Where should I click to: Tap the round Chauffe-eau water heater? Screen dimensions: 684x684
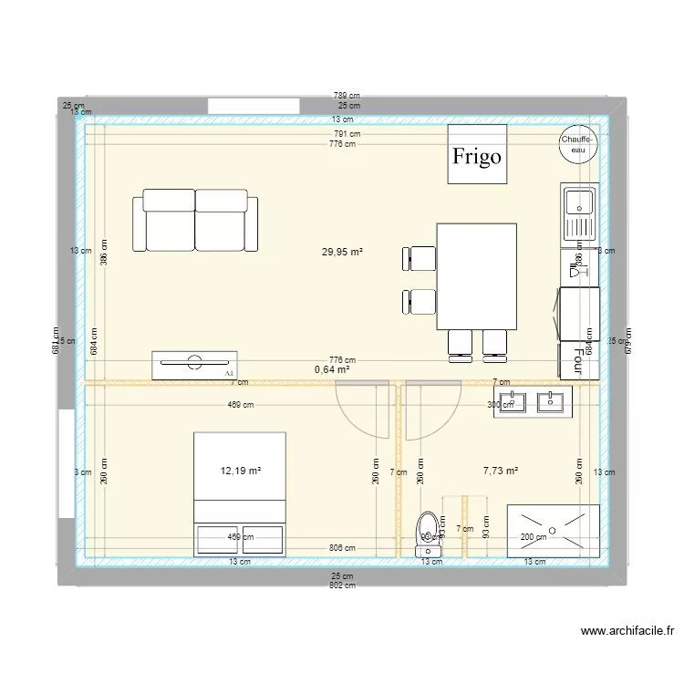point(578,144)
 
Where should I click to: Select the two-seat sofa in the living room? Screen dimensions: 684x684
point(195,221)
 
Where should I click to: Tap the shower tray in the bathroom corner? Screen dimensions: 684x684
point(554,530)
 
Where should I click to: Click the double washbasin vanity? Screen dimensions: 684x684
point(533,402)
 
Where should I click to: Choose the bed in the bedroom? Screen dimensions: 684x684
point(240,493)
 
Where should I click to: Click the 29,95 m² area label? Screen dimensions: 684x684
point(343,251)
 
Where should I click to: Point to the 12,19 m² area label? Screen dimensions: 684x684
point(241,471)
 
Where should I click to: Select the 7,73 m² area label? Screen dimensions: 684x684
point(500,471)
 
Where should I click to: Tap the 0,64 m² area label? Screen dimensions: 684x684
point(332,369)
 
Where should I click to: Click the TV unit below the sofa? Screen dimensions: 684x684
point(194,364)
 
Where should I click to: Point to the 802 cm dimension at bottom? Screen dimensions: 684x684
point(342,586)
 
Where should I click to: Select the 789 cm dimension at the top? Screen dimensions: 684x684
point(347,95)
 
